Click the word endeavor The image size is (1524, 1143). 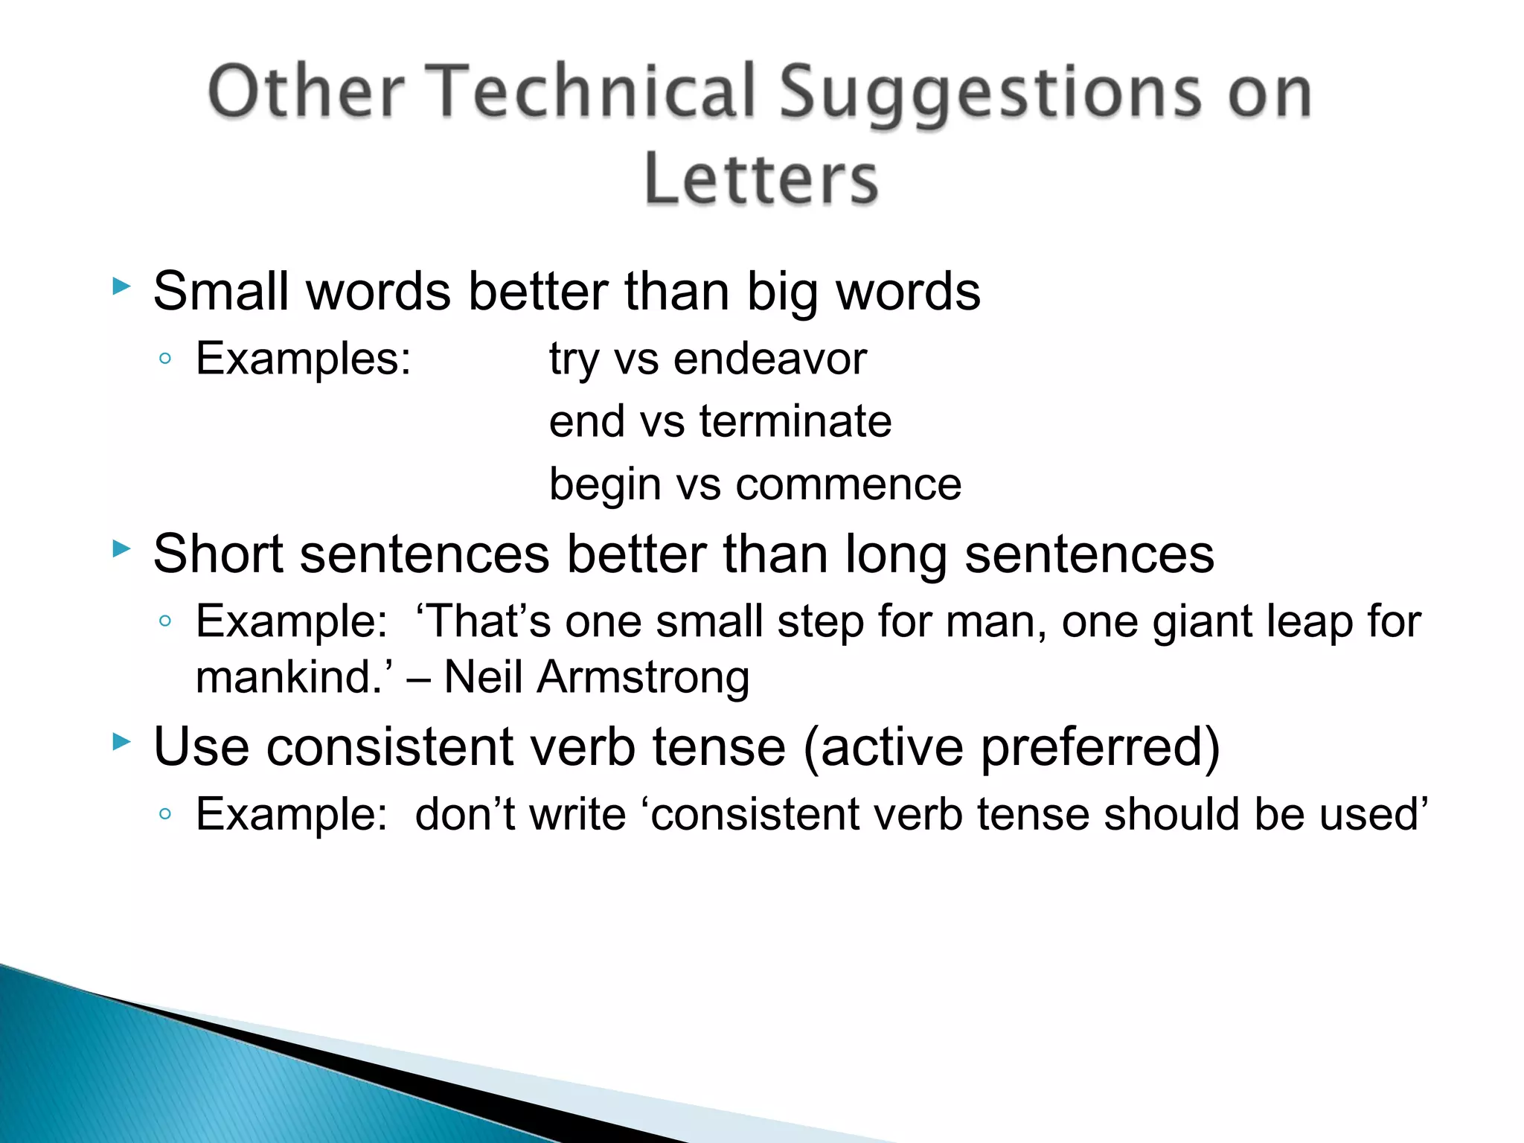[x=770, y=359]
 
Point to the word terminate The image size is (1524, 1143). [x=795, y=421]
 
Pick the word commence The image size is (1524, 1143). [x=848, y=484]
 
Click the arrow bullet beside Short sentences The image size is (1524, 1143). [x=121, y=550]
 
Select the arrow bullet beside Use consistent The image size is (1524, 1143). [x=121, y=742]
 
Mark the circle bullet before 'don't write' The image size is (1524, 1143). [x=165, y=814]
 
